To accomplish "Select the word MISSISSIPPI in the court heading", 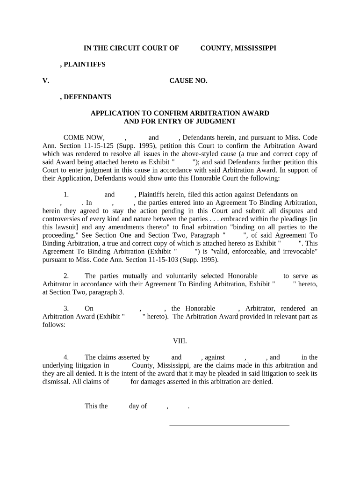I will click(x=255, y=48).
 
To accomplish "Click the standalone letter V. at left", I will click(x=45, y=81).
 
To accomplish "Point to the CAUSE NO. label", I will click(x=188, y=81).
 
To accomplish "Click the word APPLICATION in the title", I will click(x=114, y=113).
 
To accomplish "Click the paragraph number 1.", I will click(x=66, y=195).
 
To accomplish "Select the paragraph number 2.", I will click(x=66, y=276).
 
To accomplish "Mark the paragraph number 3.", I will click(x=66, y=308).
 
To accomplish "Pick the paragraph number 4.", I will click(x=66, y=357).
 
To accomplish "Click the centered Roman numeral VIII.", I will click(x=180, y=341).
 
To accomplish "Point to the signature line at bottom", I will click(x=229, y=425).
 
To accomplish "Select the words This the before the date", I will click(x=96, y=406).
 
